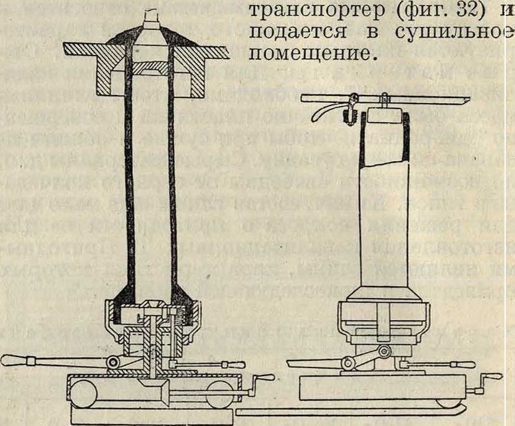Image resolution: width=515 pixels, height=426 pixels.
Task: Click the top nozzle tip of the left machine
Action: tap(151, 14)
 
